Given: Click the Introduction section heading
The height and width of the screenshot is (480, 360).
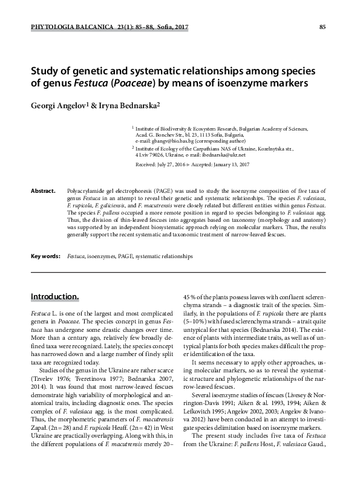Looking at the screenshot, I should [55, 297].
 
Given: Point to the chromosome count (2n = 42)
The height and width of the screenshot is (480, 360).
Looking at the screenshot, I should [159, 433].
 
